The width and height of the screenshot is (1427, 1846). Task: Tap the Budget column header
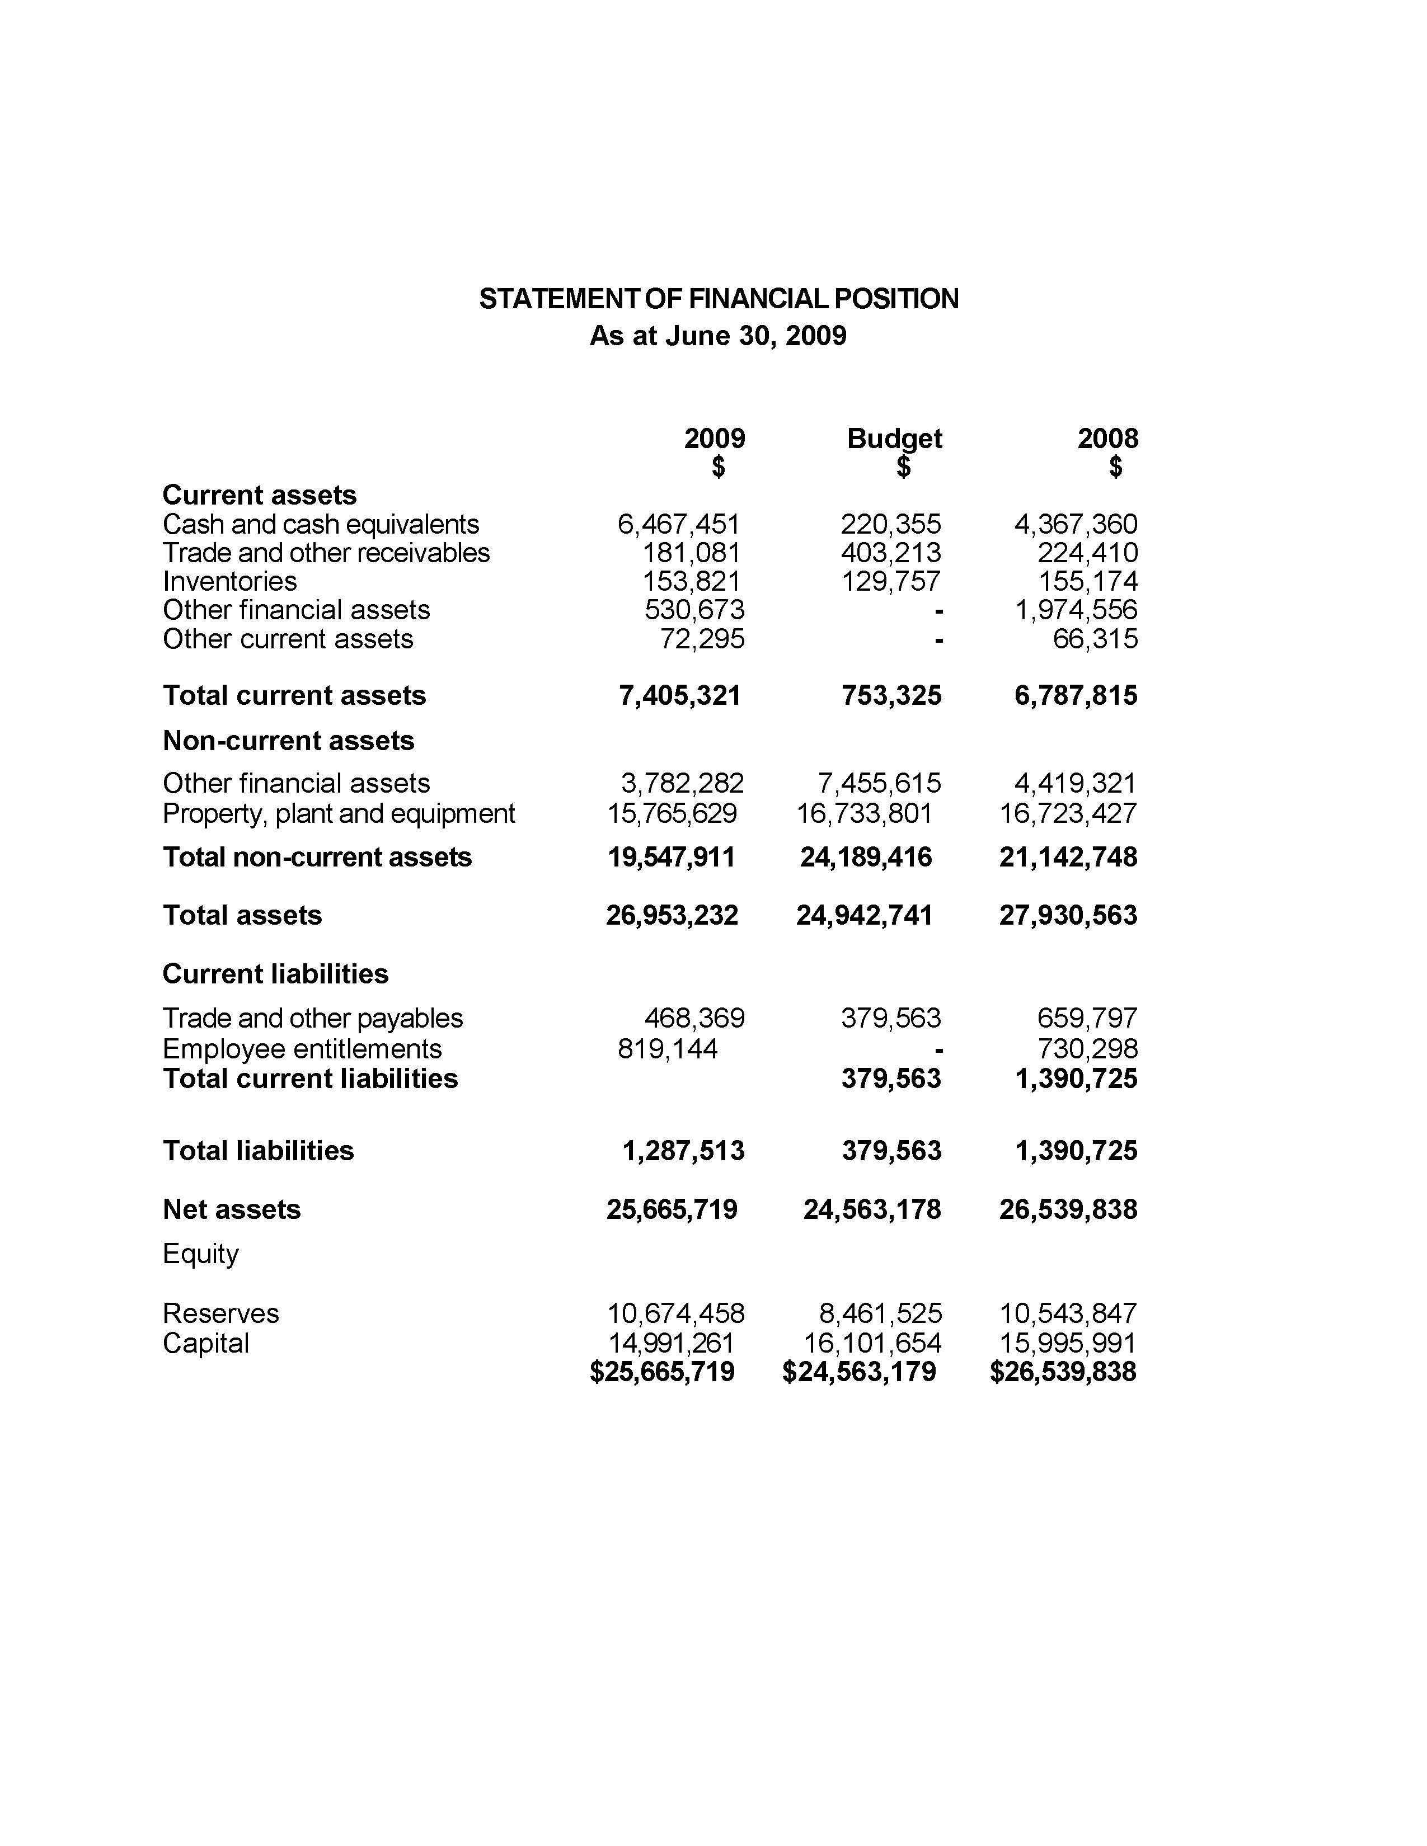click(x=894, y=439)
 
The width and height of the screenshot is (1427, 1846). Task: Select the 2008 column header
click(x=1107, y=439)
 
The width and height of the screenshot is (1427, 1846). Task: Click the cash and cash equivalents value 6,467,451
click(x=679, y=525)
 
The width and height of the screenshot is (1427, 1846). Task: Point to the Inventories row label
click(x=230, y=582)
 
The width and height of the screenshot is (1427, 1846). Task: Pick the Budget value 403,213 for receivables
click(x=890, y=553)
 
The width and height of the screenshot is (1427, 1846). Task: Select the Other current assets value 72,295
click(x=702, y=639)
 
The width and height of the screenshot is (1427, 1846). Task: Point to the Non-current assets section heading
click(x=288, y=741)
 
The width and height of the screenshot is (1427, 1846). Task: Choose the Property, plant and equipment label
click(x=338, y=814)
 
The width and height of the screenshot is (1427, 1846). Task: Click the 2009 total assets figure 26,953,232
click(x=672, y=915)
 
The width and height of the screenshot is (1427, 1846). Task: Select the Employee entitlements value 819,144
click(x=668, y=1049)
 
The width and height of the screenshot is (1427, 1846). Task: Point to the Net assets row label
click(x=232, y=1209)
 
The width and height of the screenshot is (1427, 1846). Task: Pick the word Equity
click(x=200, y=1254)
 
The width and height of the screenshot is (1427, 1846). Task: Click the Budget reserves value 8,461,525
click(x=880, y=1313)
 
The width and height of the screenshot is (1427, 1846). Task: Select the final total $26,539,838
click(x=1063, y=1372)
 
